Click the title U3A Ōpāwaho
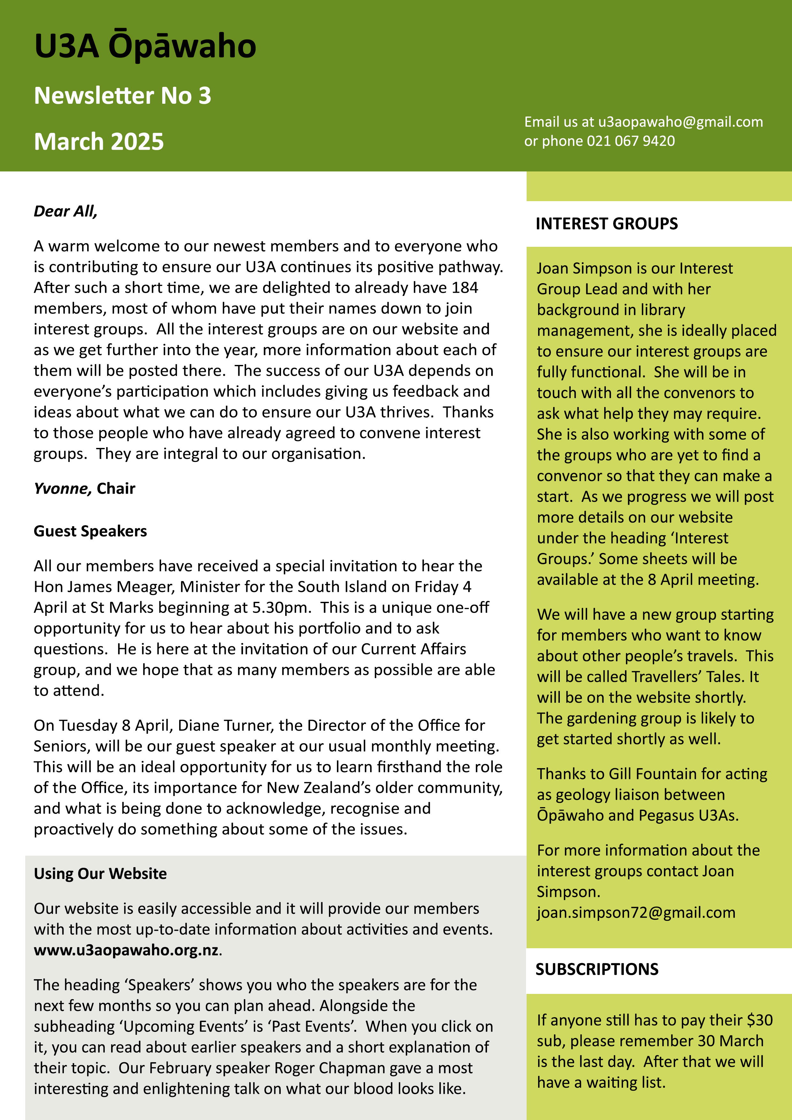pos(145,46)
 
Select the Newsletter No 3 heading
pos(123,95)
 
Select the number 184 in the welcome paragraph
pos(465,287)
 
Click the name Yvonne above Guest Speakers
pos(62,488)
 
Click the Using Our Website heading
pos(100,873)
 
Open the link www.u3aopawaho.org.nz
pos(126,950)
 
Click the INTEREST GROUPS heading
pos(606,223)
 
